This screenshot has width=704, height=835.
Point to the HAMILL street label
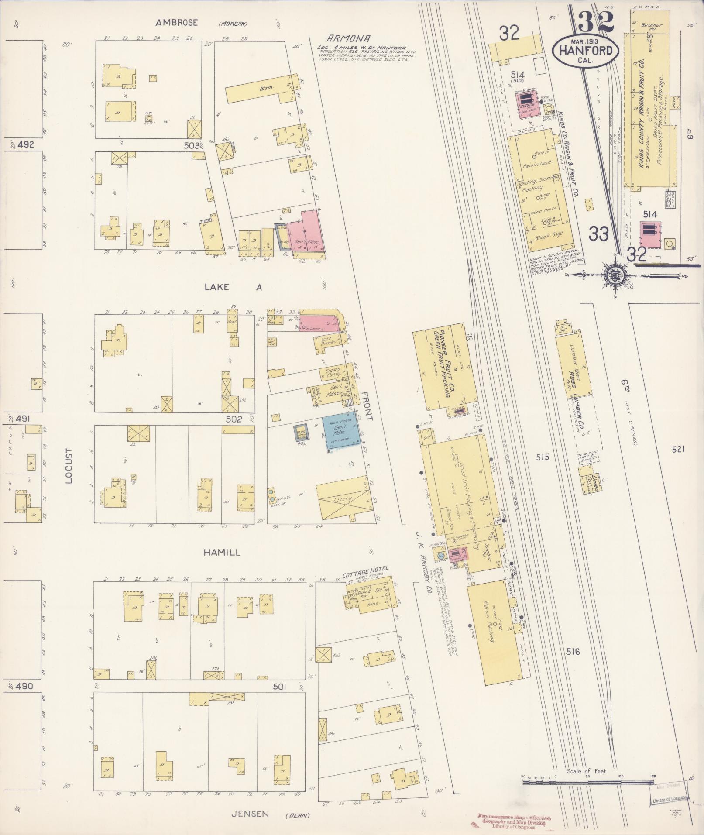pyautogui.click(x=222, y=553)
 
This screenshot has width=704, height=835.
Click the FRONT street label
pyautogui.click(x=367, y=405)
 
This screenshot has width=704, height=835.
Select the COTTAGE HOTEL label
pyautogui.click(x=365, y=569)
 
